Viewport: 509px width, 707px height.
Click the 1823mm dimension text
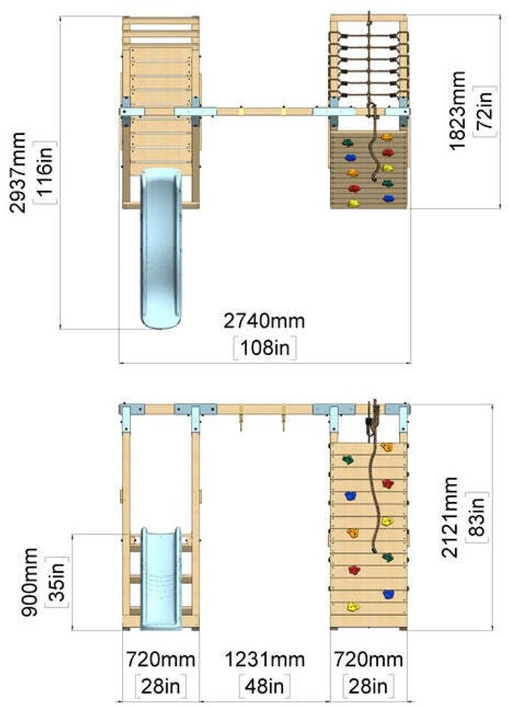[x=459, y=111]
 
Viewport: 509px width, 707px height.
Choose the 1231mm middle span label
[x=265, y=659]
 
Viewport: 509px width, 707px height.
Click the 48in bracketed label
[x=265, y=685]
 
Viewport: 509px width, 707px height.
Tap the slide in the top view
[x=161, y=247]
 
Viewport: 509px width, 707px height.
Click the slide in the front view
[x=161, y=577]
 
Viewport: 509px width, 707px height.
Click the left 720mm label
[x=160, y=659]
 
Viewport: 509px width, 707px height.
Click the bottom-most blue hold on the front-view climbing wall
[x=388, y=594]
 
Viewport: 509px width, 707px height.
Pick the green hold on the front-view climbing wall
[x=387, y=556]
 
